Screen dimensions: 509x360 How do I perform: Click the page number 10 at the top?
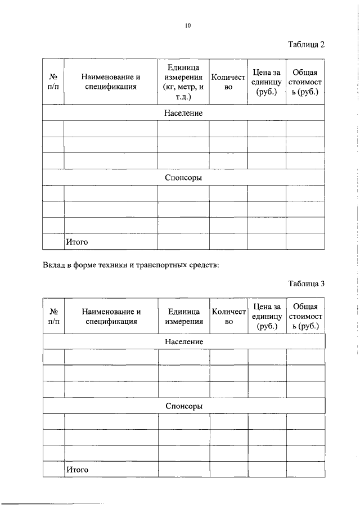pos(188,25)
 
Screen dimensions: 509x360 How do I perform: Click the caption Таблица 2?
pos(306,44)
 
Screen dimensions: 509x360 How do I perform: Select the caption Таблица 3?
pos(306,283)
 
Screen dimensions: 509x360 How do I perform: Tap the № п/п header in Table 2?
pos(53,82)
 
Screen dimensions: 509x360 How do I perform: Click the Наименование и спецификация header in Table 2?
pos(110,82)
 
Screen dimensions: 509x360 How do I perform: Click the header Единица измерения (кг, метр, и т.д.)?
pos(183,82)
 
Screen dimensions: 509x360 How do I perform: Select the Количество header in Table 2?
pos(228,82)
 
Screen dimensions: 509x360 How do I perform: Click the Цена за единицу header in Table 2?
pos(267,82)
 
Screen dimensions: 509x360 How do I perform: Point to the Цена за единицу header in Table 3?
pos(267,316)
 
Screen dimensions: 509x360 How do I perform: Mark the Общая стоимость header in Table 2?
pos(305,82)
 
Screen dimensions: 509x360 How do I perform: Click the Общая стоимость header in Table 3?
pos(305,316)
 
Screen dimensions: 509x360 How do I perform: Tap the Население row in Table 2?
pos(183,113)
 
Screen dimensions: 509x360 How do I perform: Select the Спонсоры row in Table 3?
pos(184,406)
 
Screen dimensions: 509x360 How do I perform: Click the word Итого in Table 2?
pos(78,242)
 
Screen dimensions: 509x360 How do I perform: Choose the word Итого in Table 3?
pos(78,469)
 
